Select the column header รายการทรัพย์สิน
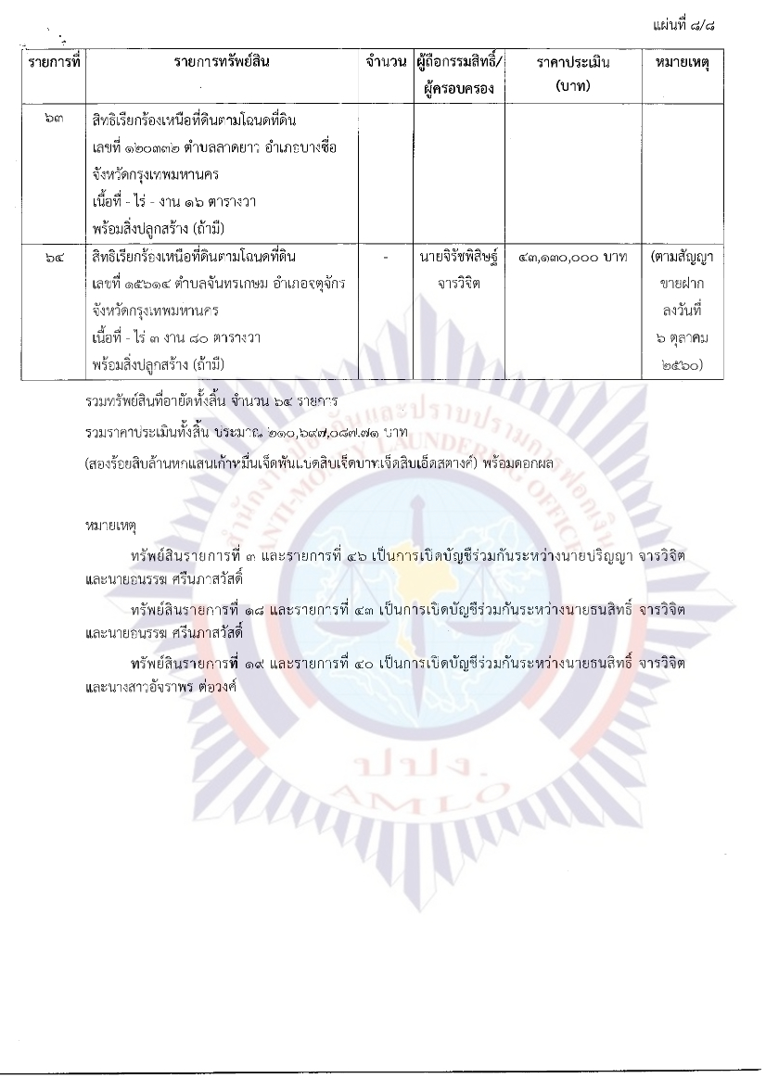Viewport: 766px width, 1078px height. [x=223, y=62]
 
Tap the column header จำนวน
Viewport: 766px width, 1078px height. [x=386, y=62]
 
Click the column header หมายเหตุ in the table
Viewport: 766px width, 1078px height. [x=687, y=62]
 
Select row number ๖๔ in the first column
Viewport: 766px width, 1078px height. [x=55, y=256]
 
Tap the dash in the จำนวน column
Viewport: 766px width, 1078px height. [x=386, y=256]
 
